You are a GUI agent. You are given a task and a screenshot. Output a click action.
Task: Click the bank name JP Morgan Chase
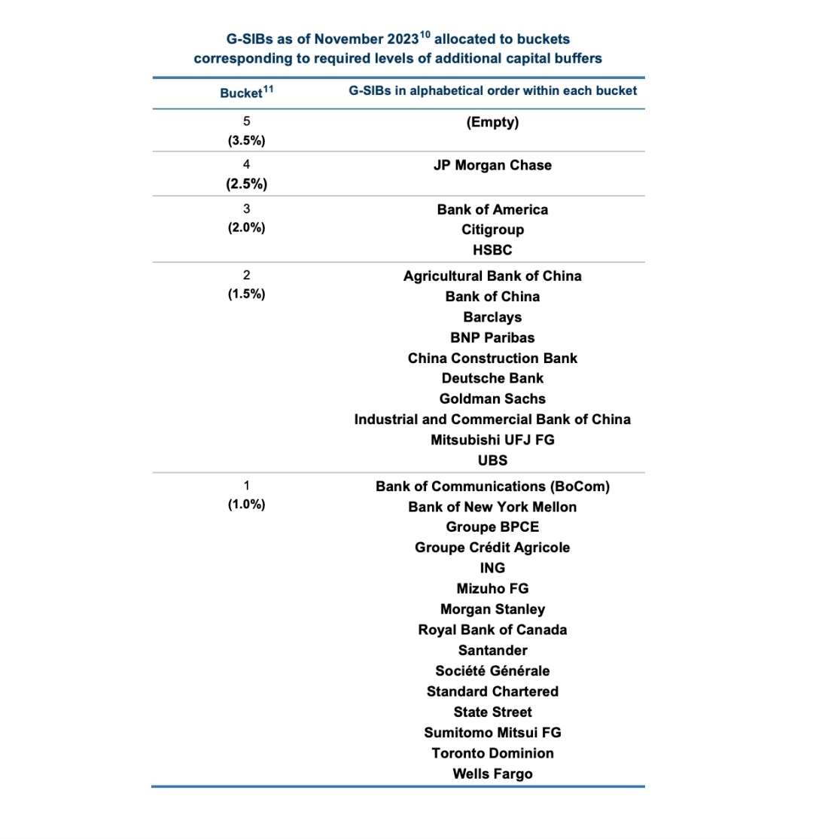click(x=492, y=165)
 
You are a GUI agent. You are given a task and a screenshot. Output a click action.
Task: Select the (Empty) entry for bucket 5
click(x=492, y=121)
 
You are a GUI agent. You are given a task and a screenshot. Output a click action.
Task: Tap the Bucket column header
click(x=241, y=92)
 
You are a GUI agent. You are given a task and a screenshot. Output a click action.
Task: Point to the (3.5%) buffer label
click(x=245, y=141)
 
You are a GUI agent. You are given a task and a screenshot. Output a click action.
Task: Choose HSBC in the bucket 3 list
click(x=492, y=250)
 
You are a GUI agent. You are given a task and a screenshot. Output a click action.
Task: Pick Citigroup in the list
click(x=492, y=230)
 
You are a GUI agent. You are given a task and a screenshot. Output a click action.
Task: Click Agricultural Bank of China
click(x=492, y=276)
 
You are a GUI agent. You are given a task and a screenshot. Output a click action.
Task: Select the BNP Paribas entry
click(x=492, y=337)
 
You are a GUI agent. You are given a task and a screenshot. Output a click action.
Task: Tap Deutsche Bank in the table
click(x=492, y=378)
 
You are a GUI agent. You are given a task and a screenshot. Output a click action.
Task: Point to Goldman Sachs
click(x=492, y=398)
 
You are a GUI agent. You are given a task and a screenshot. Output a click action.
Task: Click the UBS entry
click(x=492, y=460)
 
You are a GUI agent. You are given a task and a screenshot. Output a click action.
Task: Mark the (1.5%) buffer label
click(x=245, y=294)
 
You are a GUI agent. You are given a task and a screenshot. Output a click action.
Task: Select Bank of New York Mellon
click(x=492, y=507)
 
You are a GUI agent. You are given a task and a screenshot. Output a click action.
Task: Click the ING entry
click(x=492, y=568)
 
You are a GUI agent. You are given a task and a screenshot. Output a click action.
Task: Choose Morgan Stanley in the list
click(x=492, y=609)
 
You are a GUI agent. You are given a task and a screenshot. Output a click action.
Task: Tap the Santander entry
click(x=492, y=650)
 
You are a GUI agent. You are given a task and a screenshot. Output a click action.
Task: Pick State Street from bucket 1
click(x=492, y=712)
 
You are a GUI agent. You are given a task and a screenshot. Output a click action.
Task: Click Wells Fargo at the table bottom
click(x=492, y=773)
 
